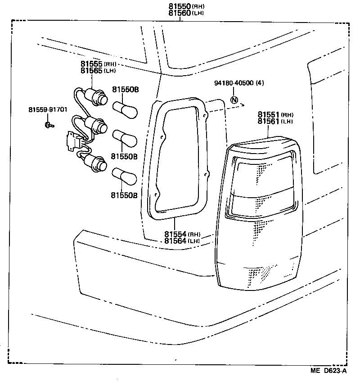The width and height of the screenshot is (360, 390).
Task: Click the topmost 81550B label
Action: coord(125,90)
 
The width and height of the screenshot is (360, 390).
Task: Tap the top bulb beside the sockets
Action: coord(125,109)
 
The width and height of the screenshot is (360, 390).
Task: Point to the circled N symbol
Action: coord(234,100)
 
